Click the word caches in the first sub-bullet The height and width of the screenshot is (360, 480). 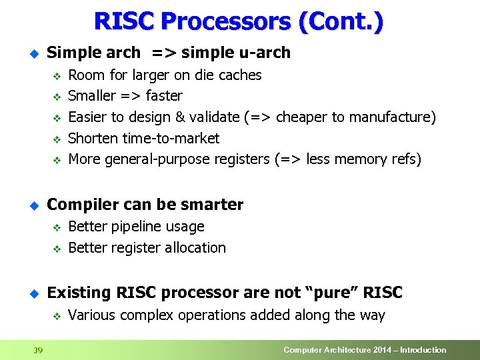238,75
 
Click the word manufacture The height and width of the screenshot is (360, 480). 397,117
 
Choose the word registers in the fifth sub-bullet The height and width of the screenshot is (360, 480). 241,159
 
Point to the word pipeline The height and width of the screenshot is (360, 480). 136,227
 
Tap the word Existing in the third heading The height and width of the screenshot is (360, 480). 79,293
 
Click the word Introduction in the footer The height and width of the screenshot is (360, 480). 422,350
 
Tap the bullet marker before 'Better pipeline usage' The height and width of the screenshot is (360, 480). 57,227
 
